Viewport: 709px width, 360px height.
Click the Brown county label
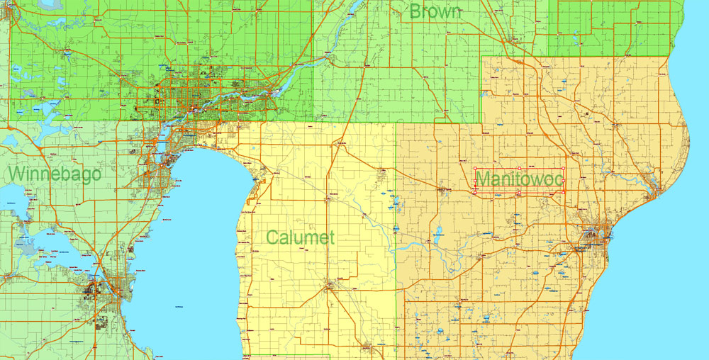pyautogui.click(x=435, y=11)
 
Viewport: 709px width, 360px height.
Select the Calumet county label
pyautogui.click(x=301, y=237)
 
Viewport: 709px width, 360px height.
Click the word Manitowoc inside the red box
pyautogui.click(x=519, y=179)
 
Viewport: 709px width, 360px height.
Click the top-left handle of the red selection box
pyautogui.click(x=474, y=168)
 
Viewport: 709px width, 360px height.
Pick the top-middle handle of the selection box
pyautogui.click(x=519, y=168)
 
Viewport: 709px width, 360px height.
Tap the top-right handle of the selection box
pyautogui.click(x=564, y=168)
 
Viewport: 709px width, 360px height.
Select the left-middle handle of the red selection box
pyautogui.click(x=474, y=180)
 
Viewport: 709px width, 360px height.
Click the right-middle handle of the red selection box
pyautogui.click(x=564, y=180)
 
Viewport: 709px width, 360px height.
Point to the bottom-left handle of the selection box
pyautogui.click(x=474, y=192)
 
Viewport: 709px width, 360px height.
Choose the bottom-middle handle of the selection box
pyautogui.click(x=519, y=192)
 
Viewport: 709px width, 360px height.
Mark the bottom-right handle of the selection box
pyautogui.click(x=564, y=192)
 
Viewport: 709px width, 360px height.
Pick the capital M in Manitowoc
pyautogui.click(x=484, y=179)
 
